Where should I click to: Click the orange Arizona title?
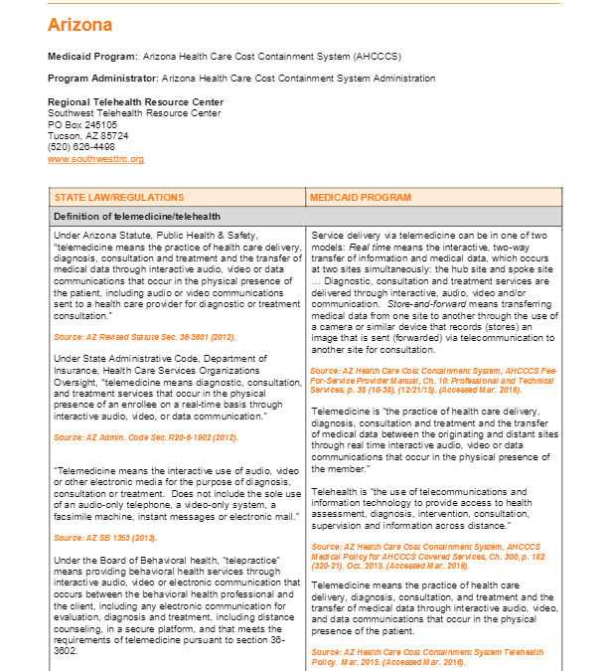(x=80, y=25)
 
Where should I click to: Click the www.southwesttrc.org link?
(x=95, y=159)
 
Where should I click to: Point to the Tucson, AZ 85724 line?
(x=87, y=136)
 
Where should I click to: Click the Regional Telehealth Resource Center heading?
(x=135, y=101)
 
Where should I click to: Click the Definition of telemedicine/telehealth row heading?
(x=137, y=216)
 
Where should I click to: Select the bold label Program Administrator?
(x=104, y=78)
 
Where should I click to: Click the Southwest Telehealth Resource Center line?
(x=134, y=113)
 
